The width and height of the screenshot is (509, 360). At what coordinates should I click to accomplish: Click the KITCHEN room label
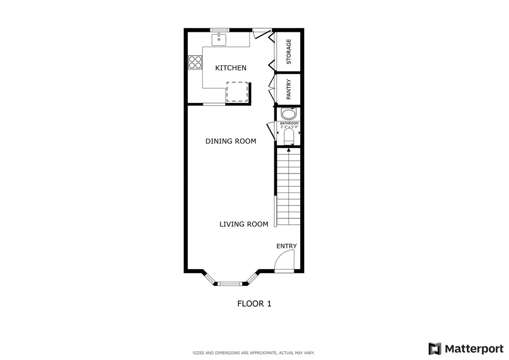click(x=230, y=68)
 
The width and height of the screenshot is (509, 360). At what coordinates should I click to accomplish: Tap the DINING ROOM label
click(x=231, y=141)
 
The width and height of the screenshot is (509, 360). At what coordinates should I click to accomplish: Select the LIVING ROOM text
click(x=244, y=224)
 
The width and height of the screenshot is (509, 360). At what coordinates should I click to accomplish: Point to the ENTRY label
click(x=286, y=246)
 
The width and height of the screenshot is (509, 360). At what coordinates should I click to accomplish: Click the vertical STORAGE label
click(x=289, y=52)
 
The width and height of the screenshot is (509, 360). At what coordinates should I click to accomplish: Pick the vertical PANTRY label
click(x=289, y=90)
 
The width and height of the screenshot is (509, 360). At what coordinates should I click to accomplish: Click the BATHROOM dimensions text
click(x=289, y=127)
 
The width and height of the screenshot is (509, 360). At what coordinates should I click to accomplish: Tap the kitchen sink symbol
click(x=219, y=38)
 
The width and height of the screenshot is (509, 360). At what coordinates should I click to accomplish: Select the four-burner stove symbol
click(x=195, y=62)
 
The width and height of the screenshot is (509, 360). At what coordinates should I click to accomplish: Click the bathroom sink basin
click(x=288, y=113)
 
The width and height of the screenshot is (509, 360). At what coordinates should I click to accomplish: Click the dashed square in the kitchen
click(x=237, y=91)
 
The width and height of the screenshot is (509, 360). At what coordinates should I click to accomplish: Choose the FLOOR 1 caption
click(x=254, y=303)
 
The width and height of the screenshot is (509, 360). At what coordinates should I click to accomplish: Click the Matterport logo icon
click(x=435, y=349)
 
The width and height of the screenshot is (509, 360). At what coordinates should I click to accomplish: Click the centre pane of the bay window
click(x=230, y=284)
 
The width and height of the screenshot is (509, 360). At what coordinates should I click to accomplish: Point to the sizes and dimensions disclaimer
click(x=254, y=353)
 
